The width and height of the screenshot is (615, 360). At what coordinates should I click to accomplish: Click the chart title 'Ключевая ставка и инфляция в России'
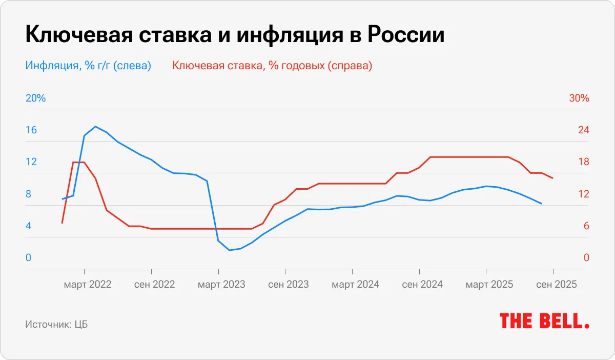[x=234, y=35]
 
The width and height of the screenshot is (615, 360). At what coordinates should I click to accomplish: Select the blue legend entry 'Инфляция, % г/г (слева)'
[x=88, y=66]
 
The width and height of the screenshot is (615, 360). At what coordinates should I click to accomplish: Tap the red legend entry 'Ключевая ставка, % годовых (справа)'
[x=272, y=66]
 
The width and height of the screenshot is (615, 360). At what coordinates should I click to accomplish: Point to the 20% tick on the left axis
[x=35, y=98]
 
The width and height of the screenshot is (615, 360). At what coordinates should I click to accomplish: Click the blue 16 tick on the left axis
[x=31, y=130]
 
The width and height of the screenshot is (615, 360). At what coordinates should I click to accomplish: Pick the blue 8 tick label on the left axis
[x=29, y=194]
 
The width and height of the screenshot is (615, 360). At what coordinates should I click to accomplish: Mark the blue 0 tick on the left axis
[x=29, y=258]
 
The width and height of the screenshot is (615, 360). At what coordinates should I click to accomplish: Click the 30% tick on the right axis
[x=579, y=98]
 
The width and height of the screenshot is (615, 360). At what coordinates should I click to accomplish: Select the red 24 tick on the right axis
[x=584, y=130]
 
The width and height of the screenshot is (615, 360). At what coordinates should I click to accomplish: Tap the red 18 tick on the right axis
[x=584, y=162]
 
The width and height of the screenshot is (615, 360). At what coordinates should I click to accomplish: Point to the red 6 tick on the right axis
[x=586, y=226]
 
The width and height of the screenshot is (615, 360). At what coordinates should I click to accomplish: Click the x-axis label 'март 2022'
[x=88, y=284]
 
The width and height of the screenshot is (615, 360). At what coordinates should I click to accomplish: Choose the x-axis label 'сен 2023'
[x=289, y=284]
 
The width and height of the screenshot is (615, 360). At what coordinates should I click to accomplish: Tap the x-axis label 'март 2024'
[x=356, y=284]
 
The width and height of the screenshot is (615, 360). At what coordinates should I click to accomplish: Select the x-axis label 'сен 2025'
[x=557, y=284]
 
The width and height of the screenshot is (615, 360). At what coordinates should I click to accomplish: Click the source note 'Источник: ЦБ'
[x=56, y=325]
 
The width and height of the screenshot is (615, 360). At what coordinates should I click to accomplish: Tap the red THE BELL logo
[x=544, y=322]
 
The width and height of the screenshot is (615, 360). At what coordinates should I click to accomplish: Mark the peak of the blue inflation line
[x=95, y=126]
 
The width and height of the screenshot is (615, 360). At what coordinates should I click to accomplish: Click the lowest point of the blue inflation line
[x=230, y=250]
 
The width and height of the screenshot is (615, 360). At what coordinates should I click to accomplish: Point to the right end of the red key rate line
[x=552, y=178]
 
